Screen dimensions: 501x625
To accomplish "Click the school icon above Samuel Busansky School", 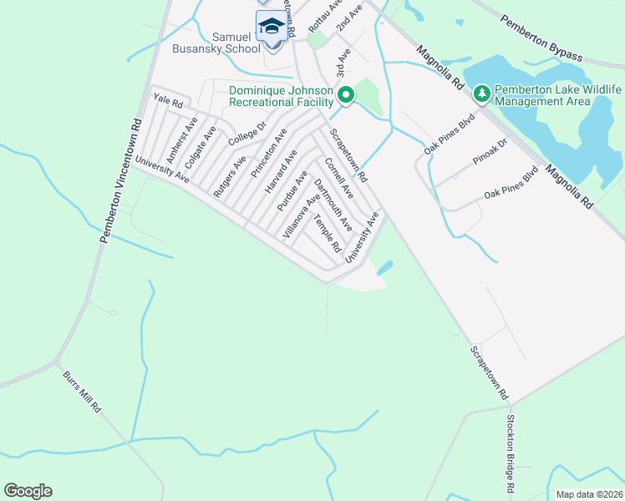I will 272,27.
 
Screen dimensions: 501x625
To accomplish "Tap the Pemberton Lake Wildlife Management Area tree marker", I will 481,94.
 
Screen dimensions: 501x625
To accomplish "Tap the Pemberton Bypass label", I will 541,37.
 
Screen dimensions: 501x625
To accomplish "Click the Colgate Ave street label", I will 201,147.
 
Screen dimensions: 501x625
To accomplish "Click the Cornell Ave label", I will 339,178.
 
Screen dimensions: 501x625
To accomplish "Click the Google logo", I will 28,491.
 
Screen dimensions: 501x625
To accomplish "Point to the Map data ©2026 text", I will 589,494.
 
